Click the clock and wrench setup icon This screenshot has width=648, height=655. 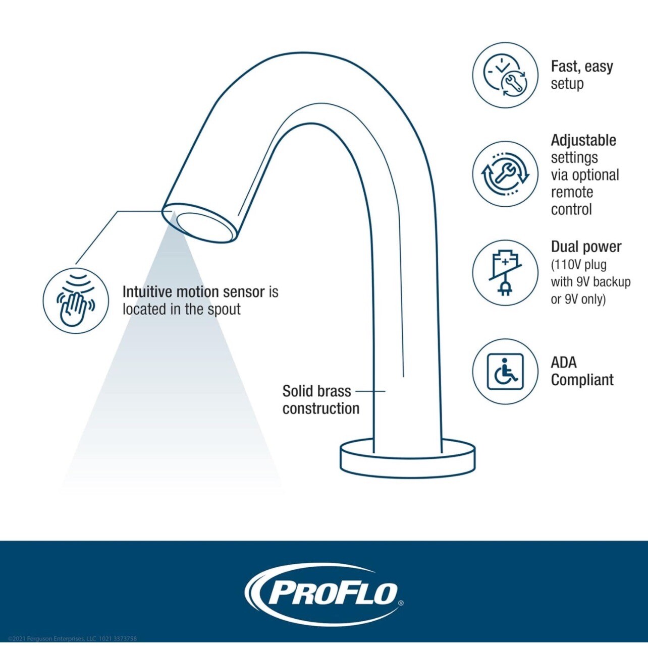tap(505, 76)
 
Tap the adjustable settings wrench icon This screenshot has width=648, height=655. tap(505, 174)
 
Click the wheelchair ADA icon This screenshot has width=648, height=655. tap(505, 372)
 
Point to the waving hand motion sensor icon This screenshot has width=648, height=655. tap(76, 300)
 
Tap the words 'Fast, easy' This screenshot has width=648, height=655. tap(581, 67)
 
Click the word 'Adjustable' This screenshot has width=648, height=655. tap(583, 140)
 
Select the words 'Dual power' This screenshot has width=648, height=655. tap(586, 247)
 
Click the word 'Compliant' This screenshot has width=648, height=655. tap(582, 380)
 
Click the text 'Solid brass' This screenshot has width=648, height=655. tap(316, 391)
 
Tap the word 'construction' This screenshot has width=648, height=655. tap(321, 408)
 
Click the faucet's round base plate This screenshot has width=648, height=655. tap(407, 460)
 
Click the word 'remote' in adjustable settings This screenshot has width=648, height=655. tap(572, 192)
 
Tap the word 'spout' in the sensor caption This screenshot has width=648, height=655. tap(224, 310)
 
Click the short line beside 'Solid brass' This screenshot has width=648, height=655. tap(370, 391)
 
